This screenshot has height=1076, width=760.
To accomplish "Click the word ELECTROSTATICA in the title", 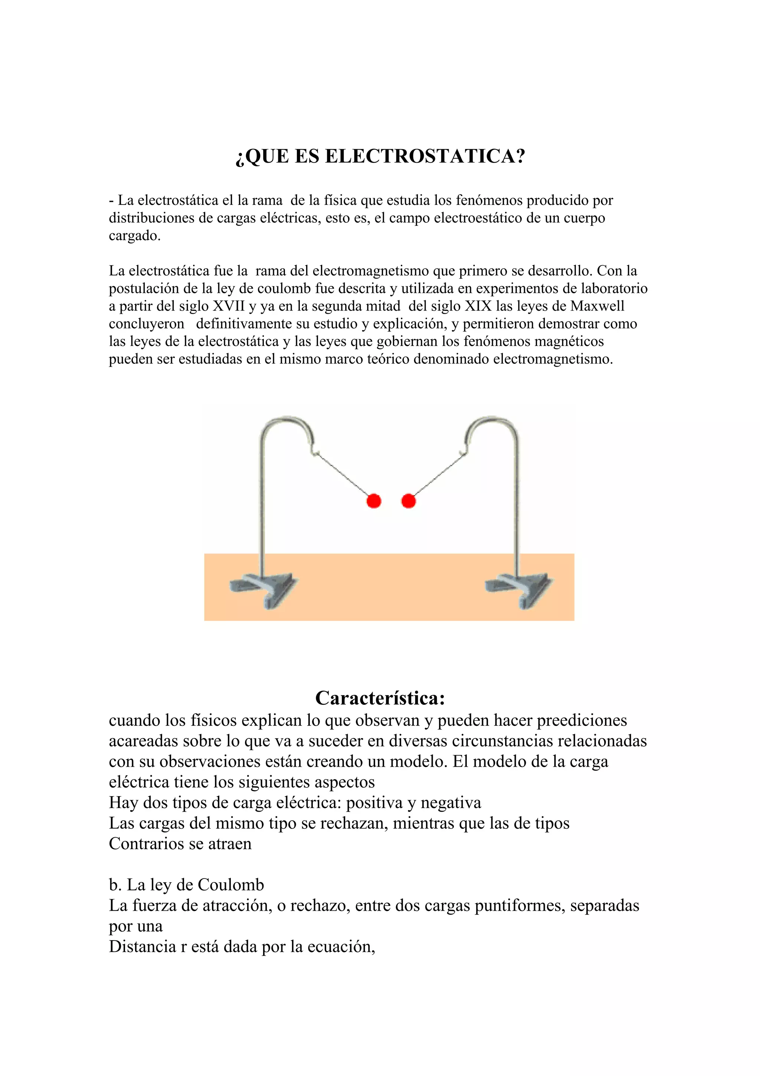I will pos(425,156).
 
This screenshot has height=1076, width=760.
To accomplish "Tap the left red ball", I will pos(374,501).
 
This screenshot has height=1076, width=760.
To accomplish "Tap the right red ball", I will pos(409,501).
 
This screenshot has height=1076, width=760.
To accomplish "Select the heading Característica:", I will pos(380,698).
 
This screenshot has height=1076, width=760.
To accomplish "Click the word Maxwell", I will pos(597,306).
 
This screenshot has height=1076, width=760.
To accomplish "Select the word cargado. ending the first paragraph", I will pos(134,236).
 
